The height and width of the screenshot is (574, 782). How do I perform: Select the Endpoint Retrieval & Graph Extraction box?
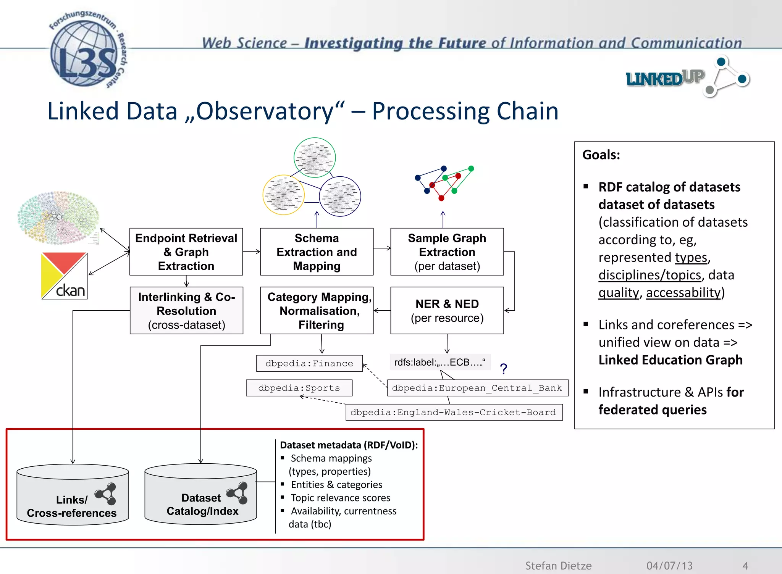tap(186, 252)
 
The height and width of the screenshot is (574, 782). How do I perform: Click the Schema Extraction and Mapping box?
tap(317, 252)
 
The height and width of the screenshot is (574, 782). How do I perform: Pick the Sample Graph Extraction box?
tap(447, 252)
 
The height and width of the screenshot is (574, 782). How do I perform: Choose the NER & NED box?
tap(447, 311)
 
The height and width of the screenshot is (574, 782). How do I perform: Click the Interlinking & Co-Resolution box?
tap(186, 311)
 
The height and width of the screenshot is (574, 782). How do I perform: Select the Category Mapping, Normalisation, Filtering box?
tap(317, 311)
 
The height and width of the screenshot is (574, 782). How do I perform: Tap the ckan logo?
tap(64, 276)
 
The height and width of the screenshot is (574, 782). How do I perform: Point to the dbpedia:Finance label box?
tap(309, 363)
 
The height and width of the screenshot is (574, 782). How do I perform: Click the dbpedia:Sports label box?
tap(299, 388)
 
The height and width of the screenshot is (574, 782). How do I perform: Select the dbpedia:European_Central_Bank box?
tap(477, 388)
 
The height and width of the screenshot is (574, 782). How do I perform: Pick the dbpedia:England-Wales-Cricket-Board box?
tap(454, 413)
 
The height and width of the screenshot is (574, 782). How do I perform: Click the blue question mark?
tap(504, 369)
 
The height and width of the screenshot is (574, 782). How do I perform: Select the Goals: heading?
tap(601, 155)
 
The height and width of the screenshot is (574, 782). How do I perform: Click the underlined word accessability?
tap(683, 293)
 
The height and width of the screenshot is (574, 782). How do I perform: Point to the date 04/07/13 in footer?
tap(669, 565)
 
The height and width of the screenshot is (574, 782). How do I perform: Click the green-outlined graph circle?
tap(315, 158)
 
